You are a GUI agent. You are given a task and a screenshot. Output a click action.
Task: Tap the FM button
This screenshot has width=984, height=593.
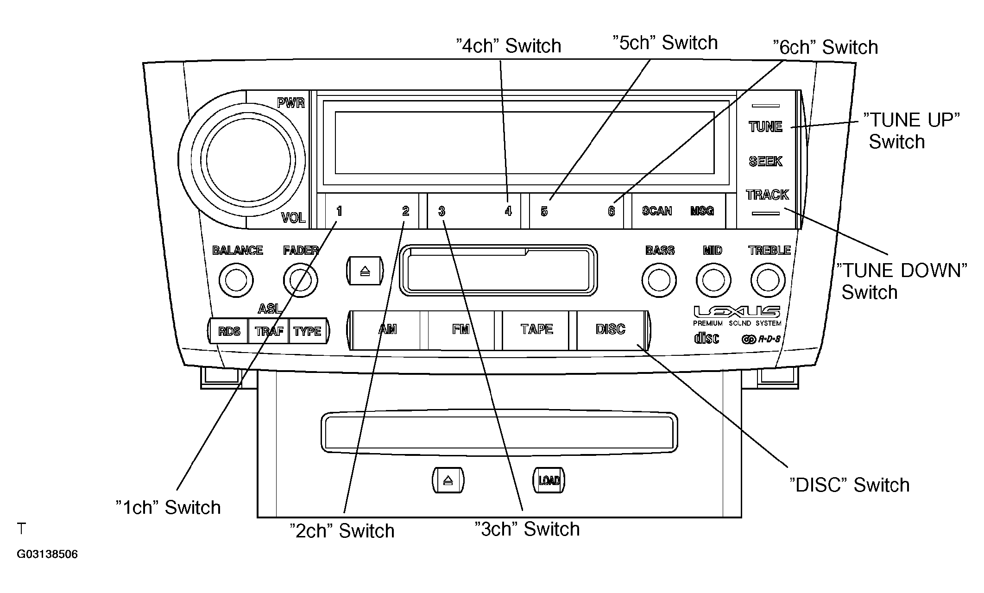[461, 330]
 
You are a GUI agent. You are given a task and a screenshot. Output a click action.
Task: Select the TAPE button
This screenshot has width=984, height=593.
[536, 330]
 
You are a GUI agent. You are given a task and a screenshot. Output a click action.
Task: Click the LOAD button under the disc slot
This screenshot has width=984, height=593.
[549, 480]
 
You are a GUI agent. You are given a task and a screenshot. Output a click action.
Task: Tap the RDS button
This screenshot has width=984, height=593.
[229, 331]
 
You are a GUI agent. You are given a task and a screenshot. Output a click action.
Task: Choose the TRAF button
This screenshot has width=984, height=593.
[269, 331]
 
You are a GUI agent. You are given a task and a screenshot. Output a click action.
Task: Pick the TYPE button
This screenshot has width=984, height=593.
[308, 331]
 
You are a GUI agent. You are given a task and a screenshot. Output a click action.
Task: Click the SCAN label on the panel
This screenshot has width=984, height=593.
[656, 211]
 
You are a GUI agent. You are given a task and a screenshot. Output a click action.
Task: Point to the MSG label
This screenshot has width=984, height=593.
[701, 211]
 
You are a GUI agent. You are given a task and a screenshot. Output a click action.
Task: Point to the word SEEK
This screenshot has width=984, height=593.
[765, 161]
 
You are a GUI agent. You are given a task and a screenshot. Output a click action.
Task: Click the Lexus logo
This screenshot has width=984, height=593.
[737, 311]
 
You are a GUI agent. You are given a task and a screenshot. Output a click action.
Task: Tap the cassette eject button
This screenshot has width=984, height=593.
[365, 271]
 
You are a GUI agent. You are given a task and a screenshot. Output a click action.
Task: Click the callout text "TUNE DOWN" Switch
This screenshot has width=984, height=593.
[902, 281]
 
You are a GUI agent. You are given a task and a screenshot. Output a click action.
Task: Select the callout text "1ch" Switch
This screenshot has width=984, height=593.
[168, 507]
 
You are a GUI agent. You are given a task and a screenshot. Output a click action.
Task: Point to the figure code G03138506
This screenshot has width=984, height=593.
[47, 554]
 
